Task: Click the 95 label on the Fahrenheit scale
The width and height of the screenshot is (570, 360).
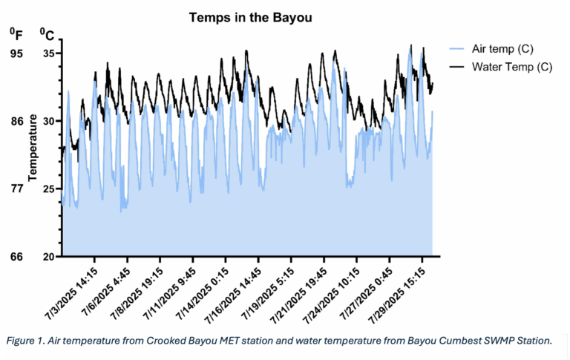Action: [16, 53]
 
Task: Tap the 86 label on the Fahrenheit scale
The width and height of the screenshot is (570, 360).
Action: [16, 121]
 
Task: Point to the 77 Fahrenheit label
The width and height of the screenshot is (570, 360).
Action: [16, 189]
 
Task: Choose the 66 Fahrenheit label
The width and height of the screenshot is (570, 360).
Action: [16, 256]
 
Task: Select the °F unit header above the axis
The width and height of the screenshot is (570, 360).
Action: [16, 33]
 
